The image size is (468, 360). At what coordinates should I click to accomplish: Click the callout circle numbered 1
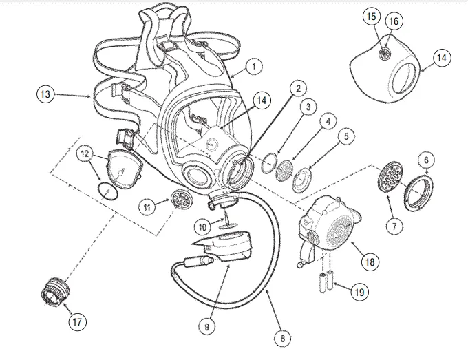click(254, 67)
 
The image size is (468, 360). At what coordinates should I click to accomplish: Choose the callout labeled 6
click(426, 160)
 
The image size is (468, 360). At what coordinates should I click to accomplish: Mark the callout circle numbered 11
click(146, 206)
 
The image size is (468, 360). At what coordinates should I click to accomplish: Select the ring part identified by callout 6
click(418, 190)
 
